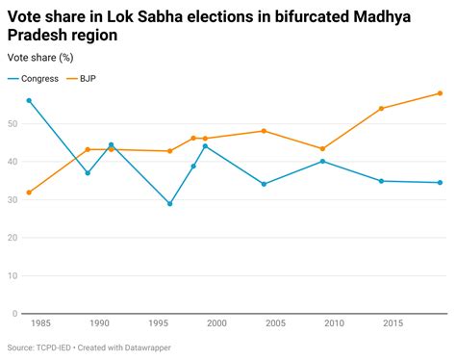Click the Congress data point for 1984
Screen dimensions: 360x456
click(x=29, y=100)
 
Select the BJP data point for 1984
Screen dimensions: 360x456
click(x=29, y=193)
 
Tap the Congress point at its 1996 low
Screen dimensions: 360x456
click(x=170, y=203)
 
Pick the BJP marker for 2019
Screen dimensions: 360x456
click(x=440, y=93)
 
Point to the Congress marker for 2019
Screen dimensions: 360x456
click(x=440, y=182)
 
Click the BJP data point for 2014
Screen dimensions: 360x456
click(x=381, y=108)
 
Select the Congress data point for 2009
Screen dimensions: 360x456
click(x=322, y=161)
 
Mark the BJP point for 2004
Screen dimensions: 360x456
click(x=264, y=131)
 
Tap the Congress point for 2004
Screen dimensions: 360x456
click(x=264, y=184)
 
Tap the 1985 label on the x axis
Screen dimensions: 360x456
click(x=40, y=325)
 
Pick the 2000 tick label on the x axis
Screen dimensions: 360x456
click(x=216, y=325)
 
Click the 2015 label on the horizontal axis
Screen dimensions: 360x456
click(x=393, y=325)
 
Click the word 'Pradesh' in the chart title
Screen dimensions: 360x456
click(x=38, y=36)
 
